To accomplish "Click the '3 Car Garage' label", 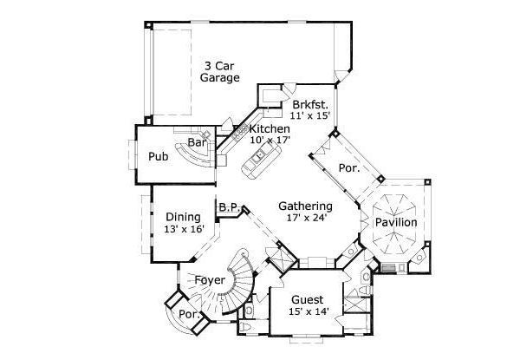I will click(221, 71).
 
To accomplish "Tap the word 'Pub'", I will click(158, 157).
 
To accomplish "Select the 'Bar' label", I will click(196, 141).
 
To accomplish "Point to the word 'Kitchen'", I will click(270, 128).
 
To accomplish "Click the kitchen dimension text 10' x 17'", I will click(270, 141).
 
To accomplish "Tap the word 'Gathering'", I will click(305, 206).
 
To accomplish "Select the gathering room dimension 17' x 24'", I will click(305, 219).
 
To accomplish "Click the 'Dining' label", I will click(183, 217).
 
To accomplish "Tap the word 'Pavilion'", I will click(395, 223).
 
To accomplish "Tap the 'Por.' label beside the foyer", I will click(185, 314).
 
